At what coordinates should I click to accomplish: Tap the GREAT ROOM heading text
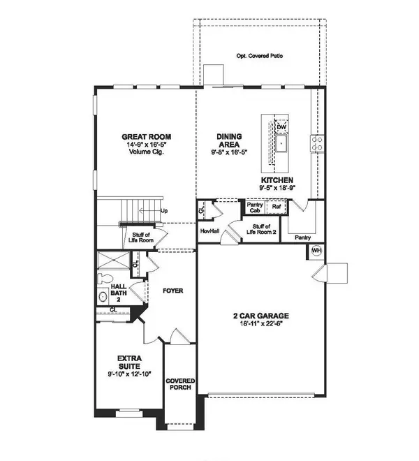pyautogui.click(x=147, y=137)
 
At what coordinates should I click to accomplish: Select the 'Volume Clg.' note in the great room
pyautogui.click(x=147, y=152)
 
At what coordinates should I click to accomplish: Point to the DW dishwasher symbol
pyautogui.click(x=281, y=126)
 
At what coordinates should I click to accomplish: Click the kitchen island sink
pyautogui.click(x=282, y=145)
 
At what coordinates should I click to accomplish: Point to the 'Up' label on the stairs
pyautogui.click(x=164, y=210)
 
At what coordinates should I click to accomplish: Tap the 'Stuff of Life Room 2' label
pyautogui.click(x=260, y=230)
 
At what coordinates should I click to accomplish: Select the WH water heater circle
pyautogui.click(x=316, y=250)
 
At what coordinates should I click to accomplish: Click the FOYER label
pyautogui.click(x=172, y=289)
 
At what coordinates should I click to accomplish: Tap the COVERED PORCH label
pyautogui.click(x=179, y=385)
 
